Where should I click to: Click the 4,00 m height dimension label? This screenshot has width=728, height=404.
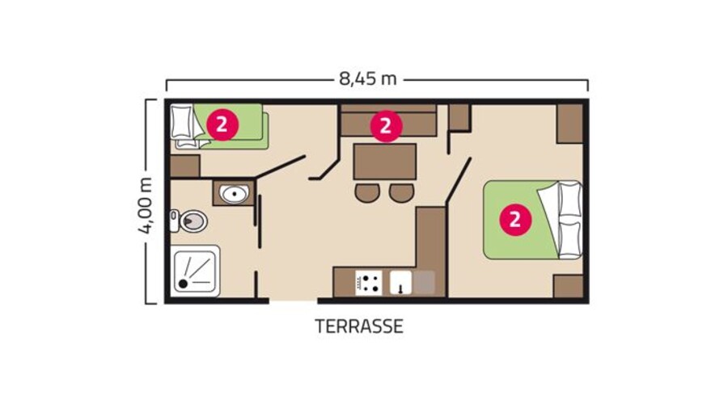coord(146,204)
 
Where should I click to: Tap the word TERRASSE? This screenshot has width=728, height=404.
coord(359,327)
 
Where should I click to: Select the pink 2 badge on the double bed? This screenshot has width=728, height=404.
coord(514,218)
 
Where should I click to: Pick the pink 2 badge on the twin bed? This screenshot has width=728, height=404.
coord(222,124)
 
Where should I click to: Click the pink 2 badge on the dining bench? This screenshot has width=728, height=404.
coord(386,125)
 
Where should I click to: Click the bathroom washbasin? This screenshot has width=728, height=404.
coord(235,194)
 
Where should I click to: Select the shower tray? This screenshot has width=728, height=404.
coord(195,271)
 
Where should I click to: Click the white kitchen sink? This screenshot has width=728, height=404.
coord(401,282)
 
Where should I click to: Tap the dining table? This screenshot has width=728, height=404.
coord(384,161)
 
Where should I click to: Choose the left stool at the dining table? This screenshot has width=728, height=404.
coord(366,193)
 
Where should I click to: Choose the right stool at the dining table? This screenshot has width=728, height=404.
coord(401,193)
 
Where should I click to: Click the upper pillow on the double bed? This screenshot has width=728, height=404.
coord(569,199)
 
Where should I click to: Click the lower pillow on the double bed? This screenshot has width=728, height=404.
coord(569,238)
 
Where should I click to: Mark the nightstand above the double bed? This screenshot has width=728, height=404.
coord(570,123)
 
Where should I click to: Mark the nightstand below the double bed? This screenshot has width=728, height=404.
coord(569,286)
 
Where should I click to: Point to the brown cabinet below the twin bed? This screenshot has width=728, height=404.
coord(185,166)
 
